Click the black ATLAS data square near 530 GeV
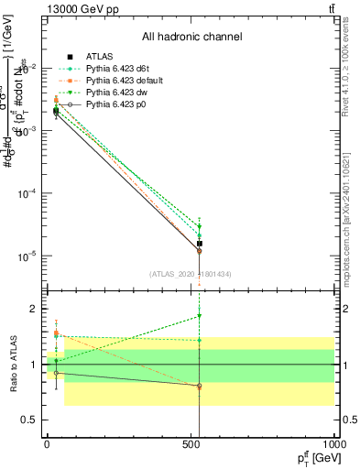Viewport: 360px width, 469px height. click(199, 244)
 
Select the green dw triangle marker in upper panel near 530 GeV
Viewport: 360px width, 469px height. click(199, 226)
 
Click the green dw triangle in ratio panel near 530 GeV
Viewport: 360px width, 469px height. click(199, 316)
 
